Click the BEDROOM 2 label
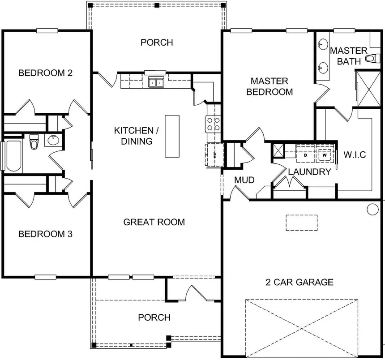pos(45,73)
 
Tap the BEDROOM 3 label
pos(45,234)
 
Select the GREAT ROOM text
pos(154,222)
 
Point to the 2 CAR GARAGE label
pos(299,282)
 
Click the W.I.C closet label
pos(355,155)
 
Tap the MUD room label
pos(244,180)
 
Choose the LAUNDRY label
pos(310,172)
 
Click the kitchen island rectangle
pos(172,136)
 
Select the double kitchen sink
pos(156,82)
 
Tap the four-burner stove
pos(214,124)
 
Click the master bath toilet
pos(372,59)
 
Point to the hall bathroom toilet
pos(34,141)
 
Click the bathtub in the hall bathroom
pos(13,156)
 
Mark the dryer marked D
pos(305,155)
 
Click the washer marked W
pos(325,155)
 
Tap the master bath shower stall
pos(368,89)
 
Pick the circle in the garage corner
pos(373,210)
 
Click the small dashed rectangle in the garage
pos(302,223)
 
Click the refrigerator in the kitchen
pos(214,155)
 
